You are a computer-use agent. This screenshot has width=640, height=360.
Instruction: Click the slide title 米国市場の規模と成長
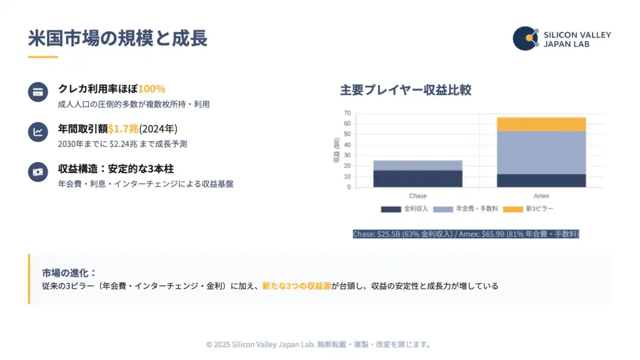117,38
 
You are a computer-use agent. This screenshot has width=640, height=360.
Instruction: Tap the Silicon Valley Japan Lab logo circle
526,39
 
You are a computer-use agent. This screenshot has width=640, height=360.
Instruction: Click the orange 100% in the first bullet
151,89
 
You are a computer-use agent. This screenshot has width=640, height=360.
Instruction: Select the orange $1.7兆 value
123,129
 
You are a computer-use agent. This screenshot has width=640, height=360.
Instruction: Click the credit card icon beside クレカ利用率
38,92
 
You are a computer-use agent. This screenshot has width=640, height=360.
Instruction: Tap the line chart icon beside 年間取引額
38,132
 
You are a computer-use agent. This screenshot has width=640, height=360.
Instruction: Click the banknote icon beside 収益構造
38,172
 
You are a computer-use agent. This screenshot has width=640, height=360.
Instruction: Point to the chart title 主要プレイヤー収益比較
406,89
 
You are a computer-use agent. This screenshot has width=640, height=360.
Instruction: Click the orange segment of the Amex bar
541,124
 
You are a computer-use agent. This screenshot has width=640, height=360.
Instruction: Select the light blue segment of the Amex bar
541,152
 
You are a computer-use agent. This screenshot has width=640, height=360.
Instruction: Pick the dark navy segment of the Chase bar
417,179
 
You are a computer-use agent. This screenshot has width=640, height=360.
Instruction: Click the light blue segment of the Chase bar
417,165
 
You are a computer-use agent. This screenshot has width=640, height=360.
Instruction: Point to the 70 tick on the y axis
347,113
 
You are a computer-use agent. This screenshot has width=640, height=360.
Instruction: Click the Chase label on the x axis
417,196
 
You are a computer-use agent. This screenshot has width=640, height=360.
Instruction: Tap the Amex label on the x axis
541,196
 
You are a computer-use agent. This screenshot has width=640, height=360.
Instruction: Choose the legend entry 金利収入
404,209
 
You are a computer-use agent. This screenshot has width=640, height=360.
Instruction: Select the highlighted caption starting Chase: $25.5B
466,234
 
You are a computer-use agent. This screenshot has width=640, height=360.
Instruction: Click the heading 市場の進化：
69,273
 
